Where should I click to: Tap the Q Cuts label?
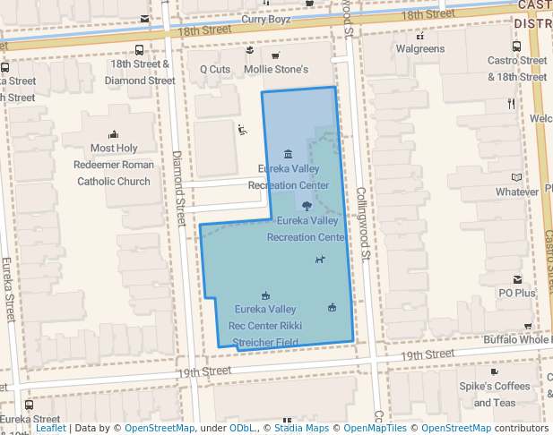215,69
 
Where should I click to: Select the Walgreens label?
420,48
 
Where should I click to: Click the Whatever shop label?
517,192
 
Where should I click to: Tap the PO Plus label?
517,293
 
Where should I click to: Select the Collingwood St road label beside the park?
364,223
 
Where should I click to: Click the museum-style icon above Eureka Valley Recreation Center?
287,154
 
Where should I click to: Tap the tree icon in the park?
307,205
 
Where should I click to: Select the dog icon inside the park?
320,260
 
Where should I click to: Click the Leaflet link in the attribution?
50,428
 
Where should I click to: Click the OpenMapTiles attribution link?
371,428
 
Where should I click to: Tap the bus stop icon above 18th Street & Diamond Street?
139,50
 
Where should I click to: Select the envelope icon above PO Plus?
517,279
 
